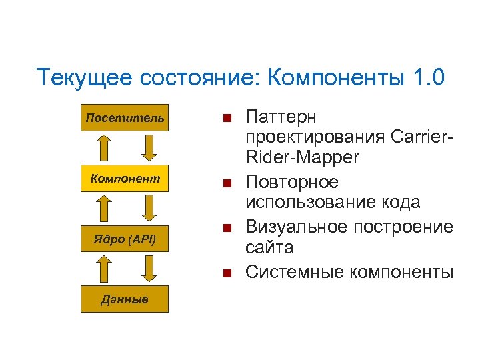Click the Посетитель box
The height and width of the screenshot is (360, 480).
pyautogui.click(x=125, y=118)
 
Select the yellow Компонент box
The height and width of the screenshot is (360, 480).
pyautogui.click(x=125, y=179)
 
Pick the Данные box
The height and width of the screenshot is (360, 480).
pyautogui.click(x=125, y=299)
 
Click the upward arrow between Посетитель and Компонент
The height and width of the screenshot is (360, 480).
pyautogui.click(x=102, y=148)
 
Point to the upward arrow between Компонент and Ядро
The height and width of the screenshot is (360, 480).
pyautogui.click(x=102, y=209)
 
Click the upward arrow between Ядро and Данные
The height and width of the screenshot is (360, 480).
pyautogui.click(x=102, y=269)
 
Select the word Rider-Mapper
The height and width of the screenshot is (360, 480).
pyautogui.click(x=302, y=159)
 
